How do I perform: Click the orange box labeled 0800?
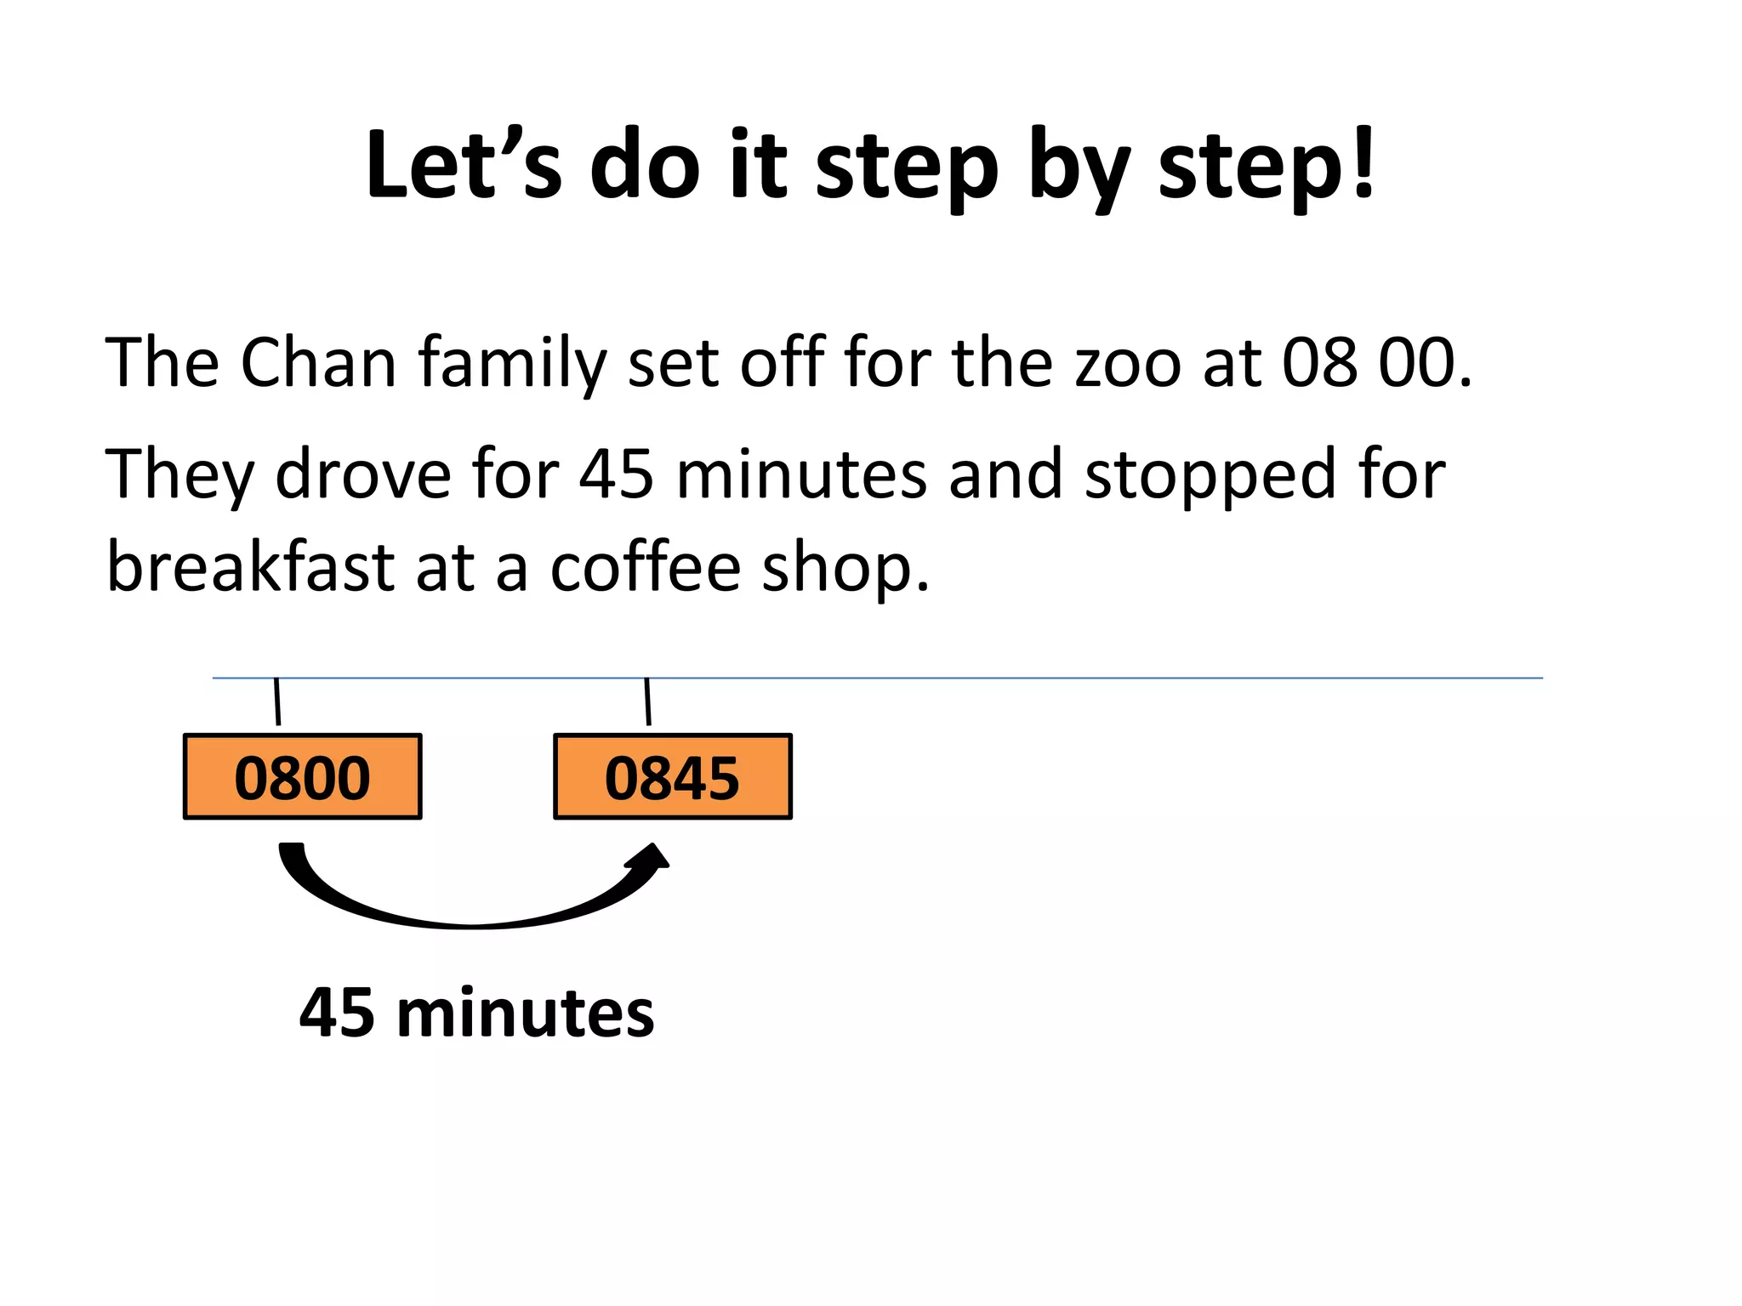[x=302, y=777]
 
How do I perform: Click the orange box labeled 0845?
[x=672, y=777]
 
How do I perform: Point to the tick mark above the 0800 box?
[x=277, y=701]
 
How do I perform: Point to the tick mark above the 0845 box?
[x=647, y=701]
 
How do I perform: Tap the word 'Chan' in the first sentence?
[x=318, y=363]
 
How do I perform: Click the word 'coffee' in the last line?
[x=645, y=567]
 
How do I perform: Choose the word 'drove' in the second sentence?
[x=363, y=474]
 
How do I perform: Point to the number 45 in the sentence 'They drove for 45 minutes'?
[x=616, y=474]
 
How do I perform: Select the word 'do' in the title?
[x=645, y=166]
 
